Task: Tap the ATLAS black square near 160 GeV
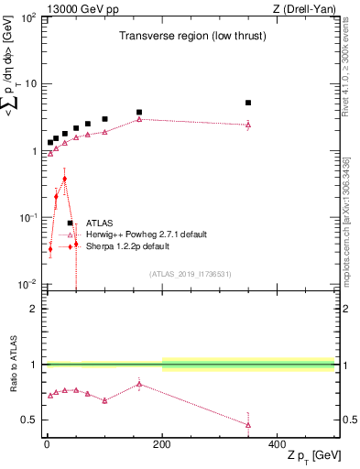tap(139, 112)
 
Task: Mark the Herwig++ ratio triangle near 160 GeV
tap(139, 384)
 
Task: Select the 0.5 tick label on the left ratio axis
tap(30, 420)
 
